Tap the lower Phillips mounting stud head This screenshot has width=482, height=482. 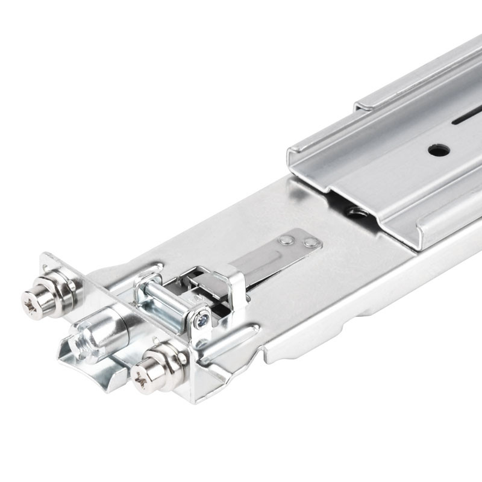tap(143, 378)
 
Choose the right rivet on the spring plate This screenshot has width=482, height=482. tap(311, 243)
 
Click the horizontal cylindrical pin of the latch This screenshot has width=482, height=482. tap(163, 301)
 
